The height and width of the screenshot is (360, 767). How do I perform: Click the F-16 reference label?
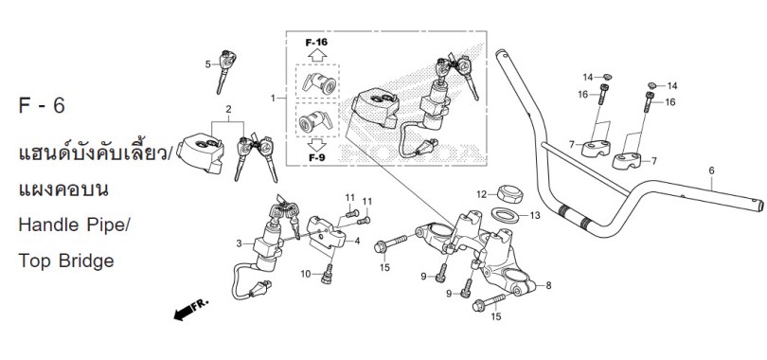pyautogui.click(x=316, y=42)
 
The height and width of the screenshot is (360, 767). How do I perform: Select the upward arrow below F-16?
pyautogui.click(x=317, y=54)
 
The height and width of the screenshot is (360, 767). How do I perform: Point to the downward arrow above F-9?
pyautogui.click(x=317, y=145)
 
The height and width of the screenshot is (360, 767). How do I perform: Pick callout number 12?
pyautogui.click(x=481, y=194)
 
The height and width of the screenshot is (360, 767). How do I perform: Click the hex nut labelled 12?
pyautogui.click(x=509, y=193)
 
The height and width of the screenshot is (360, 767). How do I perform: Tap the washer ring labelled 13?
pyautogui.click(x=505, y=215)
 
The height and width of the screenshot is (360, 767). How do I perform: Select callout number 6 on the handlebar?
pyautogui.click(x=711, y=171)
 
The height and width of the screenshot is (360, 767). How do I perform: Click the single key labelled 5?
pyautogui.click(x=226, y=71)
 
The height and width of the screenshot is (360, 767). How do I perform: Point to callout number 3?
pyautogui.click(x=239, y=243)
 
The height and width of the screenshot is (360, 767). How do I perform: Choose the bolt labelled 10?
pyautogui.click(x=328, y=274)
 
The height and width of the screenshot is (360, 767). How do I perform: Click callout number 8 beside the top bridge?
pyautogui.click(x=548, y=285)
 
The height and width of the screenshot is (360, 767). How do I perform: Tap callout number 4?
pyautogui.click(x=357, y=242)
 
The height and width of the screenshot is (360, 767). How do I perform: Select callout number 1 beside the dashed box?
pyautogui.click(x=273, y=99)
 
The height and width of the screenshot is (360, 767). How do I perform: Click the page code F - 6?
pyautogui.click(x=42, y=106)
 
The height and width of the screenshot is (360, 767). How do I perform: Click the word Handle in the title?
pyautogui.click(x=49, y=225)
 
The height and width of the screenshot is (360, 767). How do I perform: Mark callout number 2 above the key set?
pyautogui.click(x=228, y=109)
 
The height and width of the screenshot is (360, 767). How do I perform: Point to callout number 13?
pyautogui.click(x=535, y=215)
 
